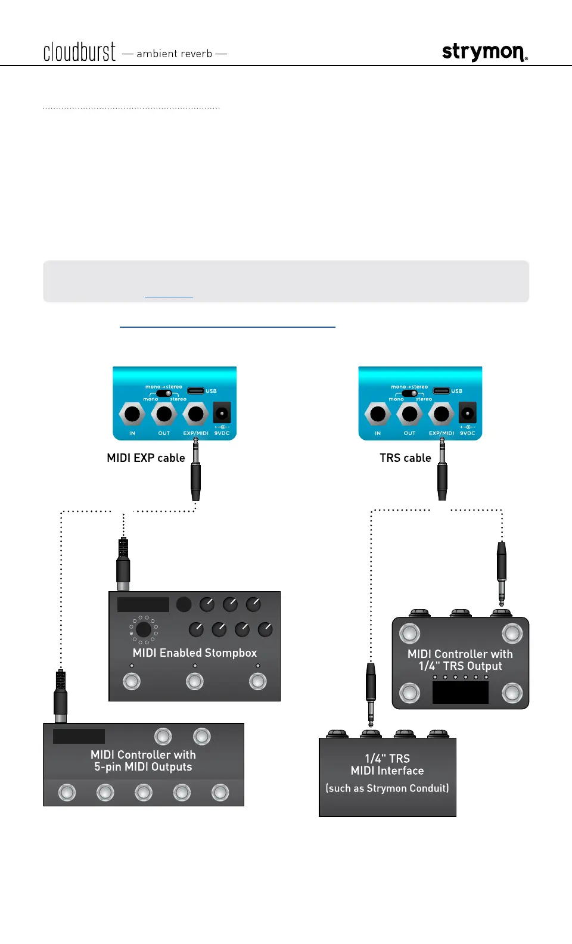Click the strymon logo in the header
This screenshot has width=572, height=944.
coord(484,52)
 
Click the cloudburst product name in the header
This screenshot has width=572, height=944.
coord(79,52)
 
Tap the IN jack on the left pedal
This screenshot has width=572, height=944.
coord(132,414)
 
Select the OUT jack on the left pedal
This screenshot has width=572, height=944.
coord(164,414)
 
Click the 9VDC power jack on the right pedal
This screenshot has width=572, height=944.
coord(467,413)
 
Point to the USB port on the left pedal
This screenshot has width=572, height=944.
coord(196,391)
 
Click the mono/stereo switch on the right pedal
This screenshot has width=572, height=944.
coord(409,393)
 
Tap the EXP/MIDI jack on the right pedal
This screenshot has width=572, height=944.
coord(442,414)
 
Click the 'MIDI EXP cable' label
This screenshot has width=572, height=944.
coord(146,458)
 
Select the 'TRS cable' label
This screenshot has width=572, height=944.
coord(405,458)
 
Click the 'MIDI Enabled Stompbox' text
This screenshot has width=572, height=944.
coord(195,653)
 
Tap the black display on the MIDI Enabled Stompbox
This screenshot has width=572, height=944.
coord(143,604)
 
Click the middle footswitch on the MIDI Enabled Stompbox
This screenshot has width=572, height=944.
coord(195,681)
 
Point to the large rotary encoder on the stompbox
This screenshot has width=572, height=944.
coord(144,629)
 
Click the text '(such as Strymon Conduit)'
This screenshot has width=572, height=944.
coord(387,788)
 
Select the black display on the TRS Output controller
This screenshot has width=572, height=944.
coord(461,692)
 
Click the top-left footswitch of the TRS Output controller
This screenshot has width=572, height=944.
coord(409,634)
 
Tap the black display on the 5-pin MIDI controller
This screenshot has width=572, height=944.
coord(79,736)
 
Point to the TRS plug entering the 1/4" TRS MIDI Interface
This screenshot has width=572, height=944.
coord(371,694)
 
